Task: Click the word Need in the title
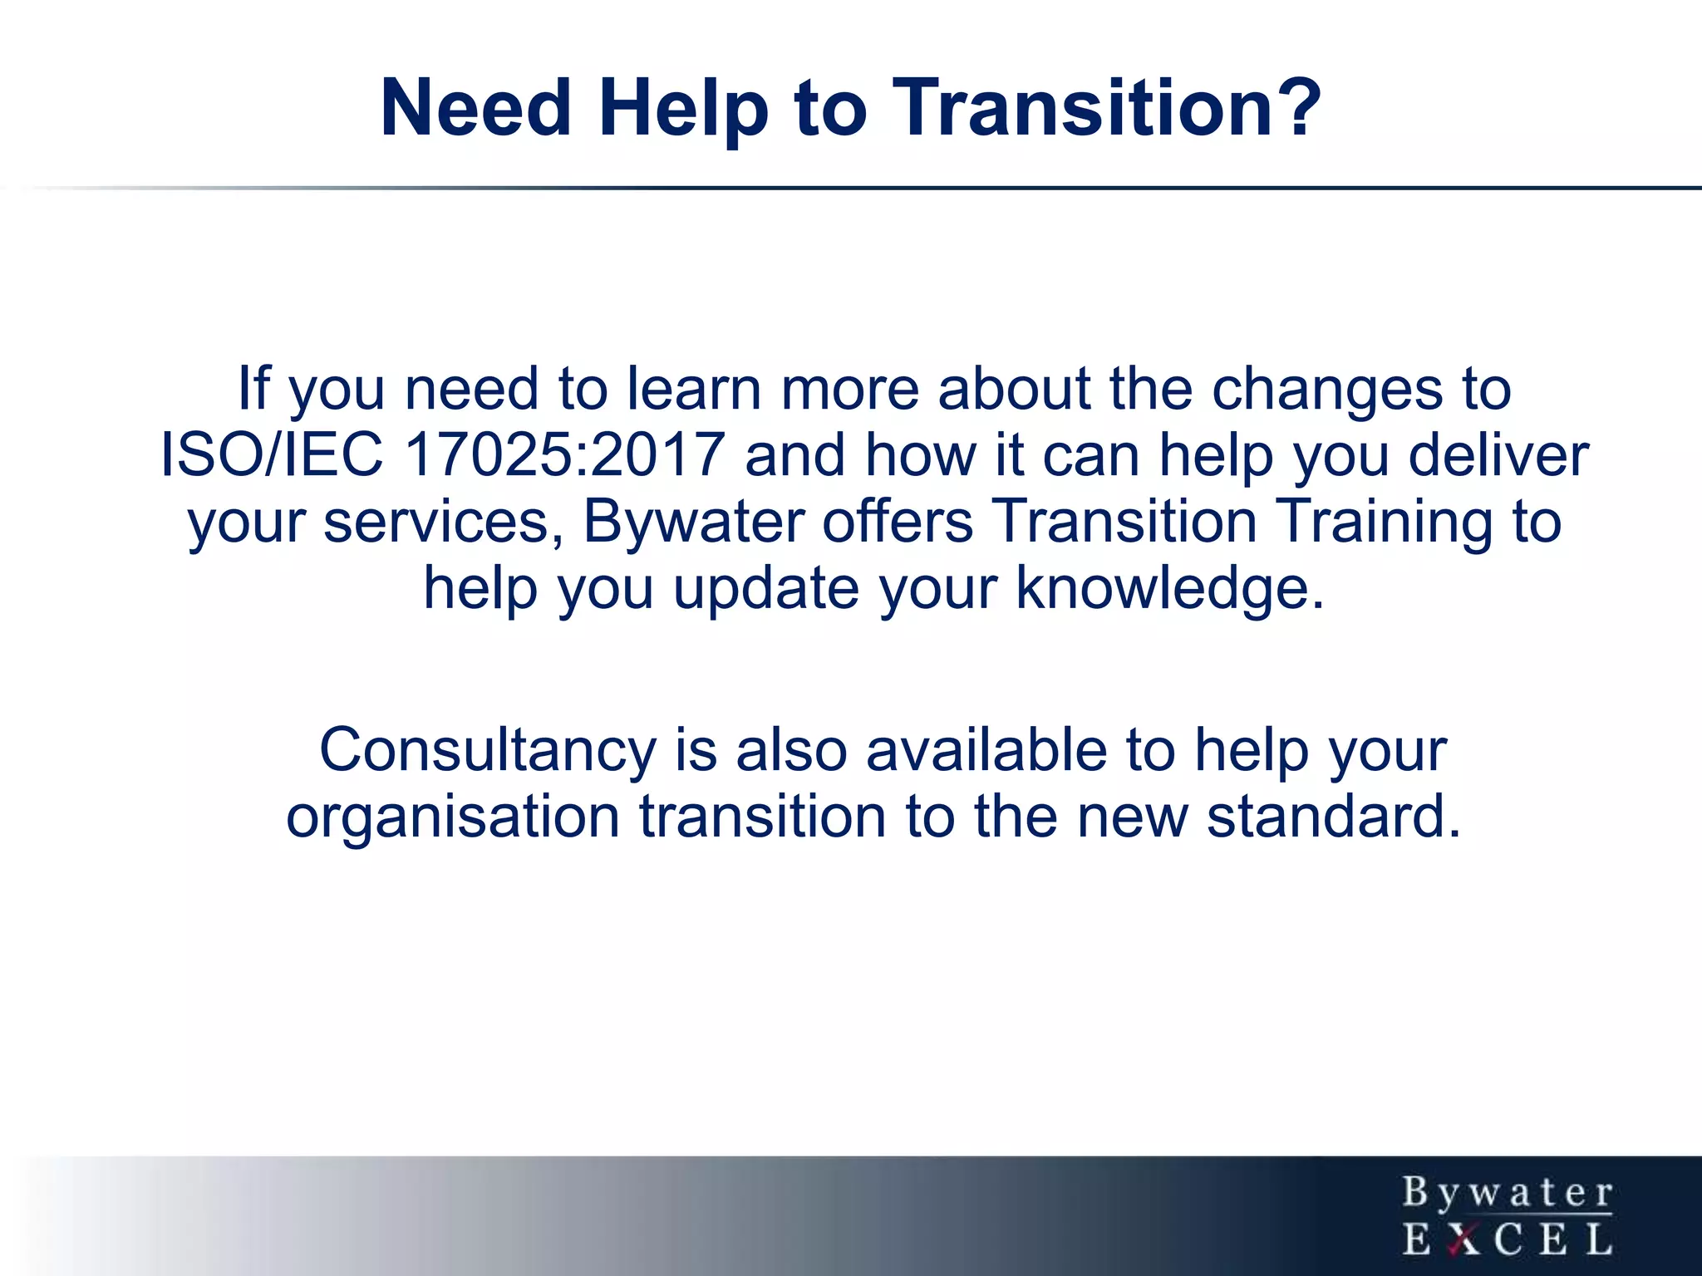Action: (x=476, y=108)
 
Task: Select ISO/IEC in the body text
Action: (x=272, y=455)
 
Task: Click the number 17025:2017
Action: (x=564, y=455)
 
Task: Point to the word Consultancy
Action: (x=488, y=750)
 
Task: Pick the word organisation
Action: (x=453, y=817)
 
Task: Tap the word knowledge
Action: (x=1170, y=588)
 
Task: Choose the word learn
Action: (x=694, y=389)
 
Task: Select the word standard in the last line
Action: (x=1333, y=817)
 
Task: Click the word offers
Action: (x=898, y=522)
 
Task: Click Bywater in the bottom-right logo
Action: (x=1508, y=1194)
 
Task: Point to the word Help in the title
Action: (x=684, y=108)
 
